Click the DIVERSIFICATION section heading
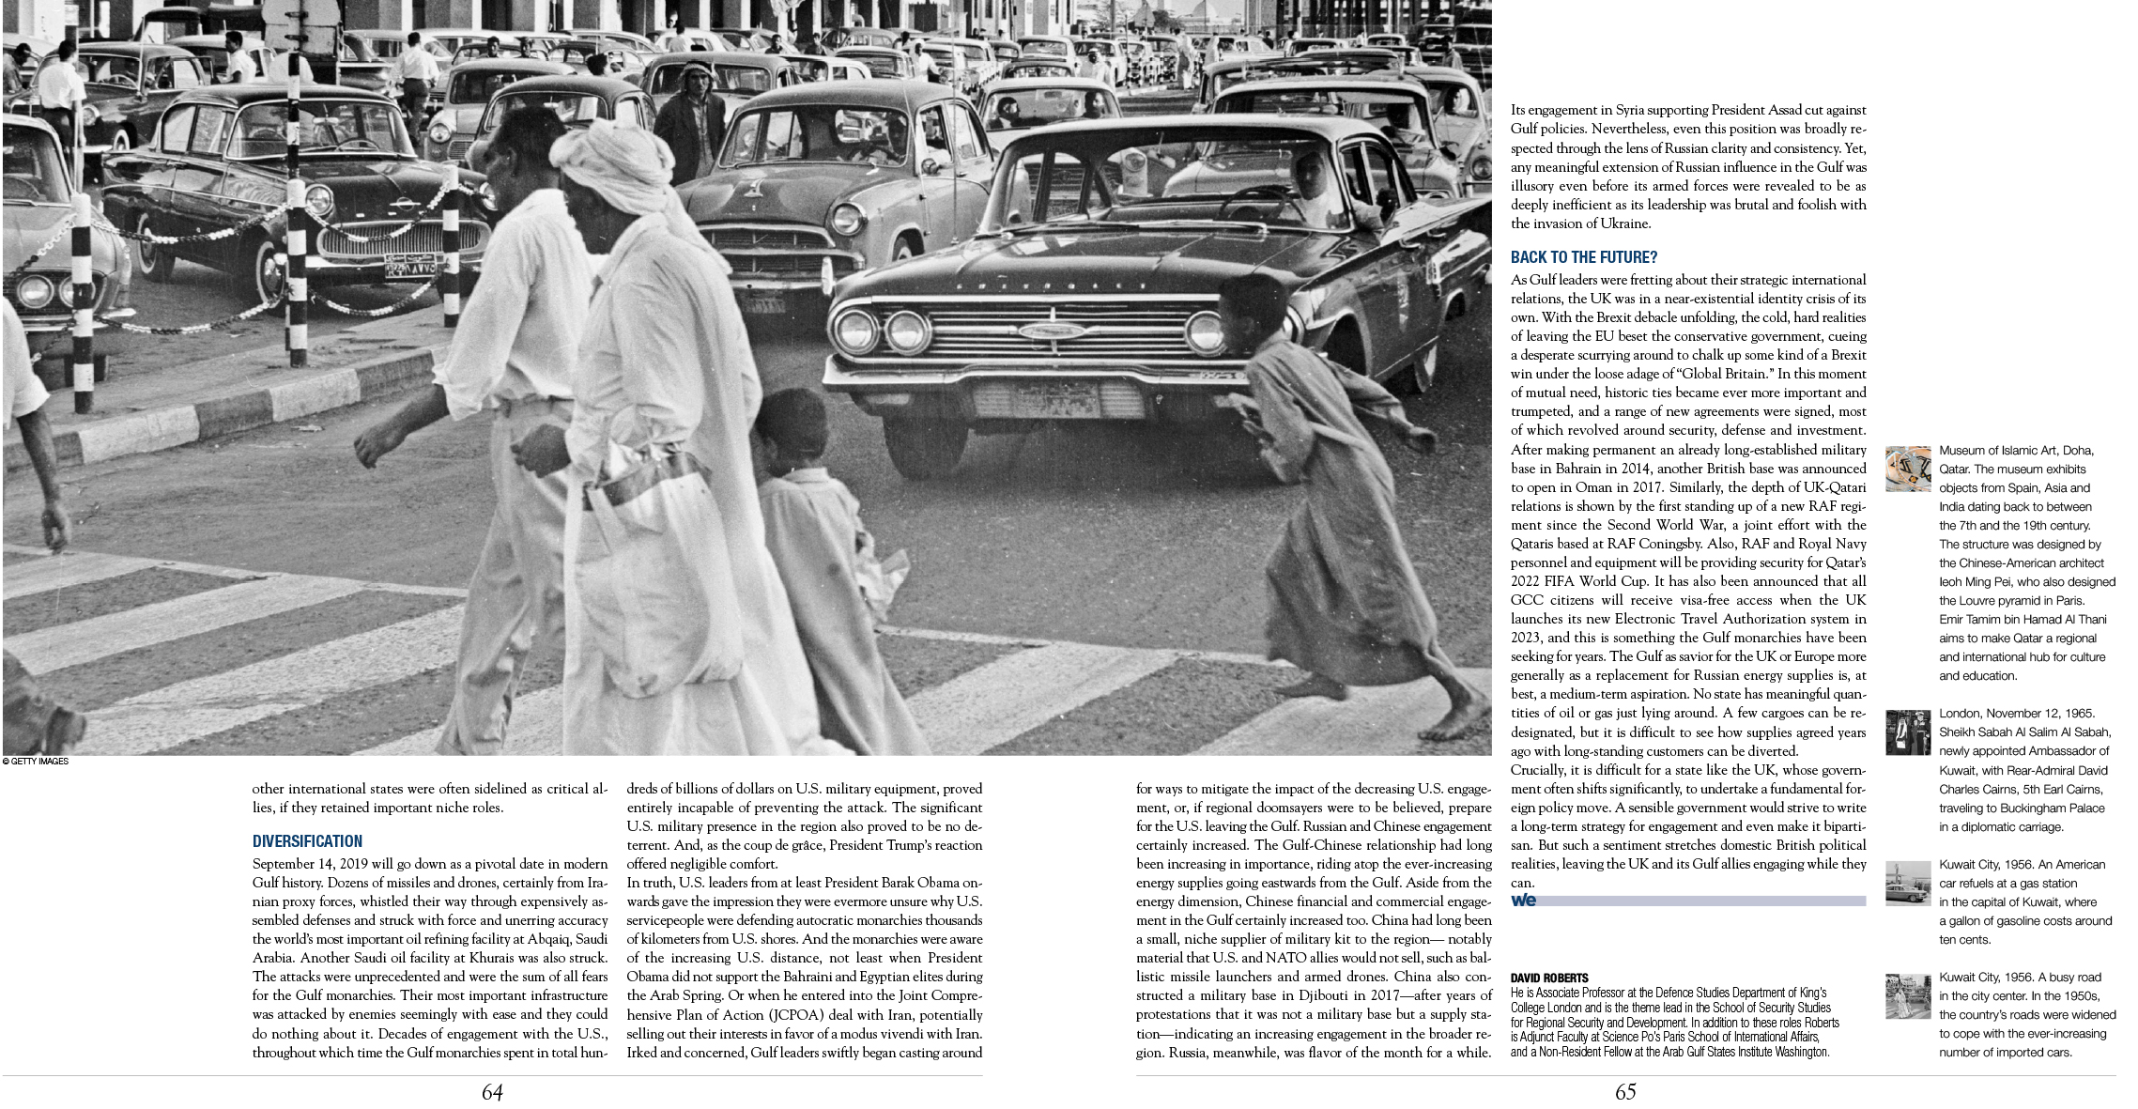[x=307, y=841]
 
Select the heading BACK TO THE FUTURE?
[x=1584, y=257]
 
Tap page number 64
[x=492, y=1092]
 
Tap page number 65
[x=1625, y=1092]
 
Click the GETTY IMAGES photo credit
[x=36, y=762]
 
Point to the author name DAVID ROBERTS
[x=1549, y=978]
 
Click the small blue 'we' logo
[x=1523, y=901]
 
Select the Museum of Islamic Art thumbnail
[x=1908, y=469]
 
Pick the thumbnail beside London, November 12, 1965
[x=1908, y=732]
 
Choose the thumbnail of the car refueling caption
[x=1908, y=884]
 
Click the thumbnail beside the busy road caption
[x=1908, y=996]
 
